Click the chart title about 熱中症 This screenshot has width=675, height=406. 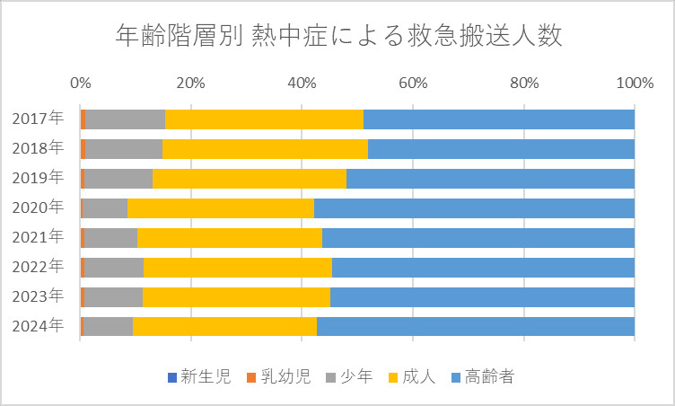(338, 35)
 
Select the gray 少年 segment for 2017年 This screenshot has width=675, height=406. (126, 119)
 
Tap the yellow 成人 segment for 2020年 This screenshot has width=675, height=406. (221, 208)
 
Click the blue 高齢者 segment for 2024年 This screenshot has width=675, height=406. (476, 326)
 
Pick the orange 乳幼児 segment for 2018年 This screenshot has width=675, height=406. (83, 149)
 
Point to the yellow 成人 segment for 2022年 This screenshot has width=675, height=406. (238, 267)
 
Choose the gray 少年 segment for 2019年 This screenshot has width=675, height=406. (118, 179)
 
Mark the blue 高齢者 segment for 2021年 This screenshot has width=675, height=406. (478, 238)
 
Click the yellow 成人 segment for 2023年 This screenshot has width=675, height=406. (236, 297)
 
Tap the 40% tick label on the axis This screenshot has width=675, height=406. (302, 83)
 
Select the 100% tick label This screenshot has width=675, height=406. (635, 83)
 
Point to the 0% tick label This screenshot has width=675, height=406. (81, 83)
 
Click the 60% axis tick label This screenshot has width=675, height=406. (413, 83)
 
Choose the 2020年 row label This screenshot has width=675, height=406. (38, 207)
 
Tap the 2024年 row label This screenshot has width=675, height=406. (38, 326)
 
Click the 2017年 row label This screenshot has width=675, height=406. (38, 119)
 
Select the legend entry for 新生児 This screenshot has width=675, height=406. (199, 377)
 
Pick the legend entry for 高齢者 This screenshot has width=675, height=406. (483, 377)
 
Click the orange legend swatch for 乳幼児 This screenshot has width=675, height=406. (251, 377)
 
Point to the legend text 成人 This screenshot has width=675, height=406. (419, 377)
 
